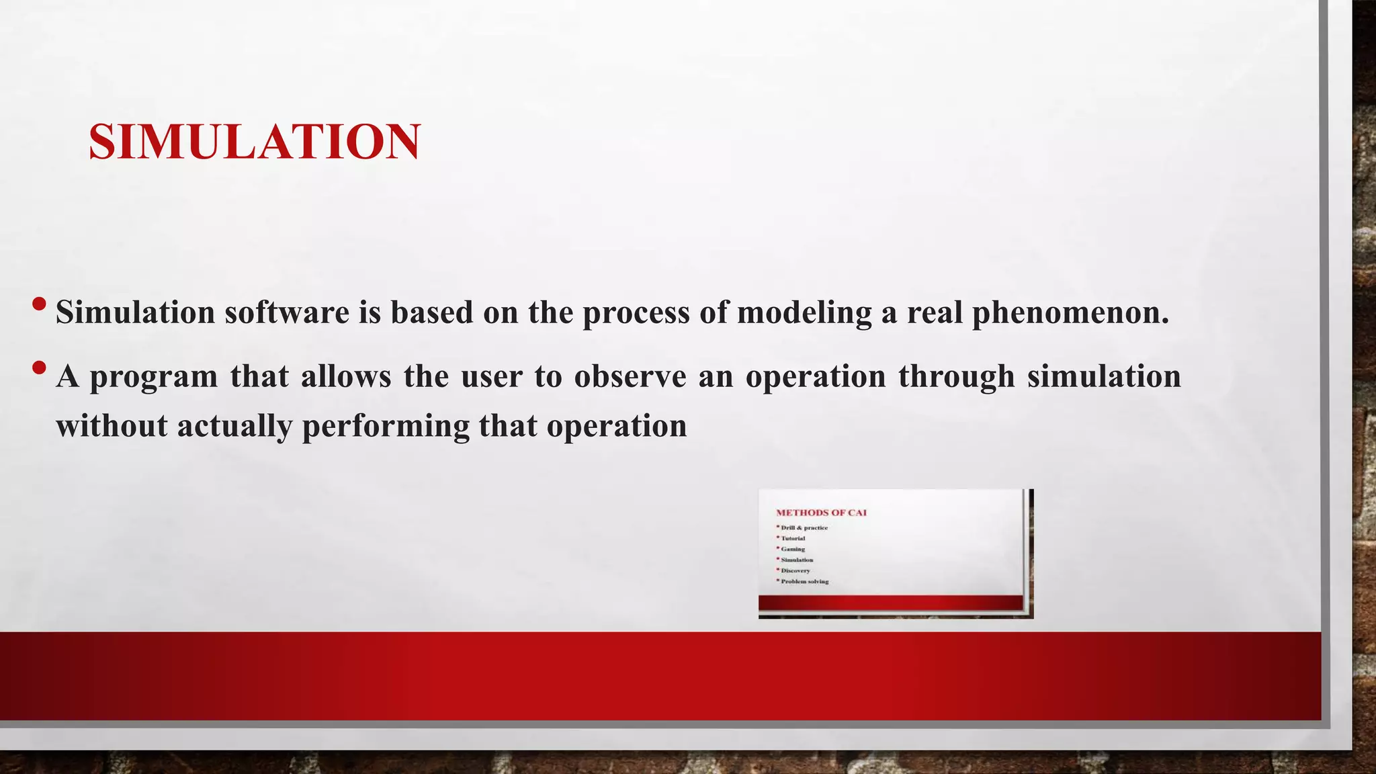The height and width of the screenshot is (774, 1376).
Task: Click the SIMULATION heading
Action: point(254,142)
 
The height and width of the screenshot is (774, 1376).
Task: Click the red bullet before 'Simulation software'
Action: point(39,305)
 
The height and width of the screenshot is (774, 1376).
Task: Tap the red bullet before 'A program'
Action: point(39,368)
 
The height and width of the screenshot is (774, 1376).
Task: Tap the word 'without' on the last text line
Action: point(111,426)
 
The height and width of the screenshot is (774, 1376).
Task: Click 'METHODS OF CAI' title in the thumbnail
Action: point(821,513)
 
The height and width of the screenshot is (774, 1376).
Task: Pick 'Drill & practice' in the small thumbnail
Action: point(804,528)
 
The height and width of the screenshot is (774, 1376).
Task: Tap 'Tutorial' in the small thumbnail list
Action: point(793,539)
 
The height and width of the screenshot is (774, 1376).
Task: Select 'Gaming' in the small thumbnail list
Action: point(793,550)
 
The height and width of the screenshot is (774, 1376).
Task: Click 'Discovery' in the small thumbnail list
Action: point(795,571)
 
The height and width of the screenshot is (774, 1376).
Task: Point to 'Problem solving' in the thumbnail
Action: point(804,582)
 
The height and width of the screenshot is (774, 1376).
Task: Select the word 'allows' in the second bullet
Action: point(345,376)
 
